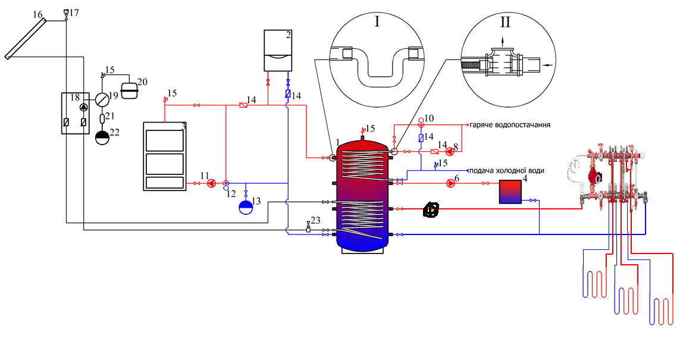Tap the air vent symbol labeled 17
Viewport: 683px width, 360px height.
click(x=66, y=14)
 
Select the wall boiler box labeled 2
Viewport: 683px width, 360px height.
click(x=278, y=51)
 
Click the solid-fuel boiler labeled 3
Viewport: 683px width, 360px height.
click(x=165, y=156)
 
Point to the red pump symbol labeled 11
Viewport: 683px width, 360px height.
click(x=211, y=183)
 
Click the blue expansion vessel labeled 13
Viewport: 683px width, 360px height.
click(x=246, y=207)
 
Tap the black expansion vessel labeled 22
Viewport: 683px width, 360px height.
click(x=102, y=138)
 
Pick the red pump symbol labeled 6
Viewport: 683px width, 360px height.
click(x=450, y=183)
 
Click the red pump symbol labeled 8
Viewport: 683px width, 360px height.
click(x=449, y=152)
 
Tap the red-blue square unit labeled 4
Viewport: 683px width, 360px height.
click(x=510, y=192)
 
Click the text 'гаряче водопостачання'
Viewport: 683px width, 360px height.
click(x=510, y=124)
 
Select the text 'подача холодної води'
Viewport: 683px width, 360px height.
click(x=507, y=170)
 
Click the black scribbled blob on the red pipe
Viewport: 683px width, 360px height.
click(x=431, y=210)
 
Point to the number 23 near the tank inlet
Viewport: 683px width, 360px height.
click(x=315, y=221)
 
